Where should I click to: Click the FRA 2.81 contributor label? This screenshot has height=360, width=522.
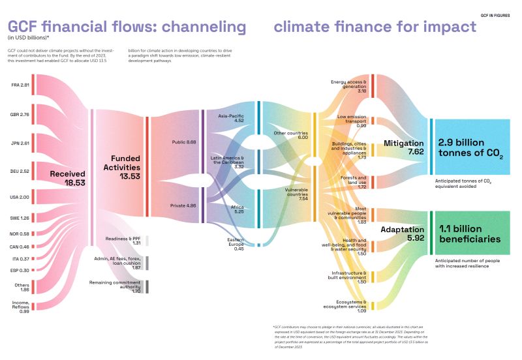20,85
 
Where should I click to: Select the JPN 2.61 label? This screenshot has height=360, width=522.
20,143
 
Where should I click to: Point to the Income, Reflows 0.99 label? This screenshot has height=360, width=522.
20,307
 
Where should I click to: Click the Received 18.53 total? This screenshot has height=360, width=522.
68,179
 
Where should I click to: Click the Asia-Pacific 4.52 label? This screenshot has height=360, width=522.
230,118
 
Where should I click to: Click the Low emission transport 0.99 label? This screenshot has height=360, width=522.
352,121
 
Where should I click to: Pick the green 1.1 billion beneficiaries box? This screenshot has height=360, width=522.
470,234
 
